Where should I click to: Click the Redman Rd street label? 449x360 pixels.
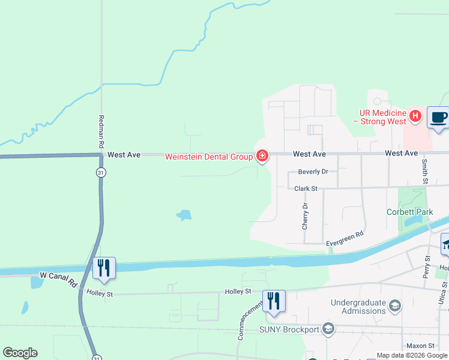[x=101, y=132]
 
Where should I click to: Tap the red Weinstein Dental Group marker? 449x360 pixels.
[x=262, y=157]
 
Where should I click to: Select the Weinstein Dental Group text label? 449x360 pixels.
[x=209, y=157]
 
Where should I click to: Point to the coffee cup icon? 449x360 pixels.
[x=438, y=117]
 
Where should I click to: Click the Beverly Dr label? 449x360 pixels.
[x=313, y=172]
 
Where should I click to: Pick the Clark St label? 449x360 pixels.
[x=306, y=188]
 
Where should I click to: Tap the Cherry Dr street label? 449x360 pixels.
[x=306, y=216]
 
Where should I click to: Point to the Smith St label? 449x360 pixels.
[x=424, y=170]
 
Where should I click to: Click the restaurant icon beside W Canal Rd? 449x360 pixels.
[x=104, y=268]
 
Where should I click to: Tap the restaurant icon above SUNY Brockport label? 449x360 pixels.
[x=274, y=301]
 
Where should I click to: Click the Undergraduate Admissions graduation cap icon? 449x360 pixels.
[x=395, y=306]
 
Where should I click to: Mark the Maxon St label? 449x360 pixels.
[x=420, y=346]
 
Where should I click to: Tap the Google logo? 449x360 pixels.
[x=20, y=353]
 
